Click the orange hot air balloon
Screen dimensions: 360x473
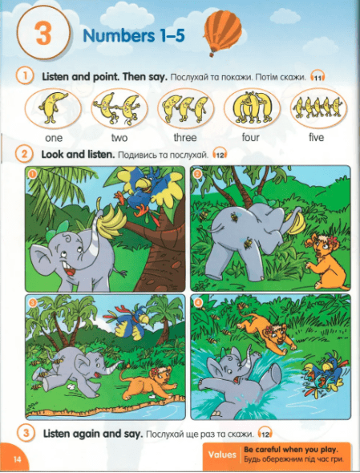coord(222,32)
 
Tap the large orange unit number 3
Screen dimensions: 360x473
coord(43,34)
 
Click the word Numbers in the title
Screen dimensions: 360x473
coord(118,36)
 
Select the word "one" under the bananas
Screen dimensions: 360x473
coord(54,138)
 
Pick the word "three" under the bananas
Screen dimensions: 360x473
coord(185,137)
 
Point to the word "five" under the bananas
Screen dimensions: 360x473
coord(316,137)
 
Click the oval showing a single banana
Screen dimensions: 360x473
coord(53,108)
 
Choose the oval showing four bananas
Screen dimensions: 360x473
coord(252,108)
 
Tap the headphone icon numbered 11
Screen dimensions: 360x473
coord(318,76)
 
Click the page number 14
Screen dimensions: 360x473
coord(17,459)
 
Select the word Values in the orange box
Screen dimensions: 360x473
coord(222,455)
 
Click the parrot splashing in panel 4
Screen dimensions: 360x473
coord(323,374)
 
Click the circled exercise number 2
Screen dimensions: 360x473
coord(24,154)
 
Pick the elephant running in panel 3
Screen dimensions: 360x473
coord(75,370)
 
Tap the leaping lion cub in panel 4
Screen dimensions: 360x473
coord(265,332)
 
